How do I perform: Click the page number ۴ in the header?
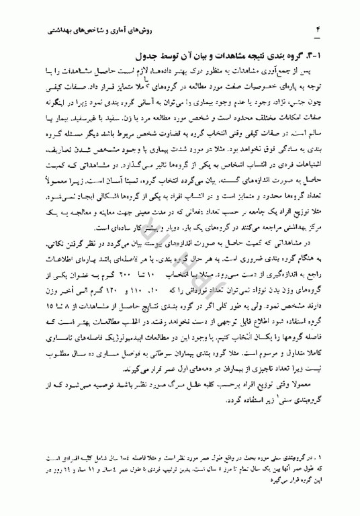pyautogui.click(x=320, y=30)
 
